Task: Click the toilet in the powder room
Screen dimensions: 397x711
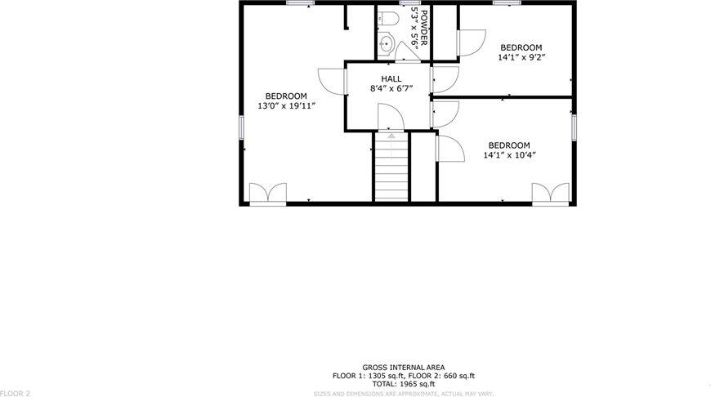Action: (388, 17)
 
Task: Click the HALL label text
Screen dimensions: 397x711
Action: (391, 78)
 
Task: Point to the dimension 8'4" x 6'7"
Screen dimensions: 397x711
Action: (391, 88)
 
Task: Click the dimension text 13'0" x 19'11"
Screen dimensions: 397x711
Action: (286, 106)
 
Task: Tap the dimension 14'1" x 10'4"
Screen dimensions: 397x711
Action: (510, 154)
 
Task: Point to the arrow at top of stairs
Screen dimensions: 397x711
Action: (391, 136)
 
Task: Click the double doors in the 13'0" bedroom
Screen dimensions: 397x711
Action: (267, 193)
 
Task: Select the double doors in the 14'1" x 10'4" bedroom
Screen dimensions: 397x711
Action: (550, 193)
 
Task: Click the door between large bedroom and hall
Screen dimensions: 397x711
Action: (331, 79)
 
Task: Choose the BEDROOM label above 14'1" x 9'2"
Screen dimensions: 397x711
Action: (521, 47)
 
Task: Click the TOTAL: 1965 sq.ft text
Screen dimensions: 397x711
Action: (403, 383)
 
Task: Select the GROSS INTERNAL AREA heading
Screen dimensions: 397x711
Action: (403, 368)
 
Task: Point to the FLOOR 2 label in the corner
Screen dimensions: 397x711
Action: (16, 393)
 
